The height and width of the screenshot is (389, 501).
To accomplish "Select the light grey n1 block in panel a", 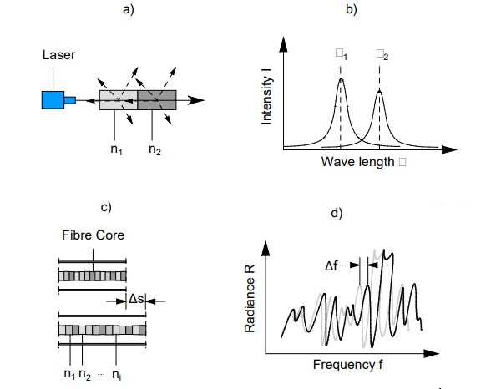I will tap(117, 101).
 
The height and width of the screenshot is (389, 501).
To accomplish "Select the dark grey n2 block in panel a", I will tap(155, 101).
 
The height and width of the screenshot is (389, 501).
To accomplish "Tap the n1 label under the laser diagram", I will tap(114, 149).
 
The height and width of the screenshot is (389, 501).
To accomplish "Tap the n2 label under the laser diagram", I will tap(154, 149).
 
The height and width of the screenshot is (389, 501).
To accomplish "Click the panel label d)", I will tap(337, 213).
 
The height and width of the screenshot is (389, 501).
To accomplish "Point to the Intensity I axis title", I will tap(267, 99).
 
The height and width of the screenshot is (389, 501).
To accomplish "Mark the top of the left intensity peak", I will tap(341, 79).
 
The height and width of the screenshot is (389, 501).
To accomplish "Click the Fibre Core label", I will tap(94, 235).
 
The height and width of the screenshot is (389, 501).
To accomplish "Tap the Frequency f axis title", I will tap(349, 365).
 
